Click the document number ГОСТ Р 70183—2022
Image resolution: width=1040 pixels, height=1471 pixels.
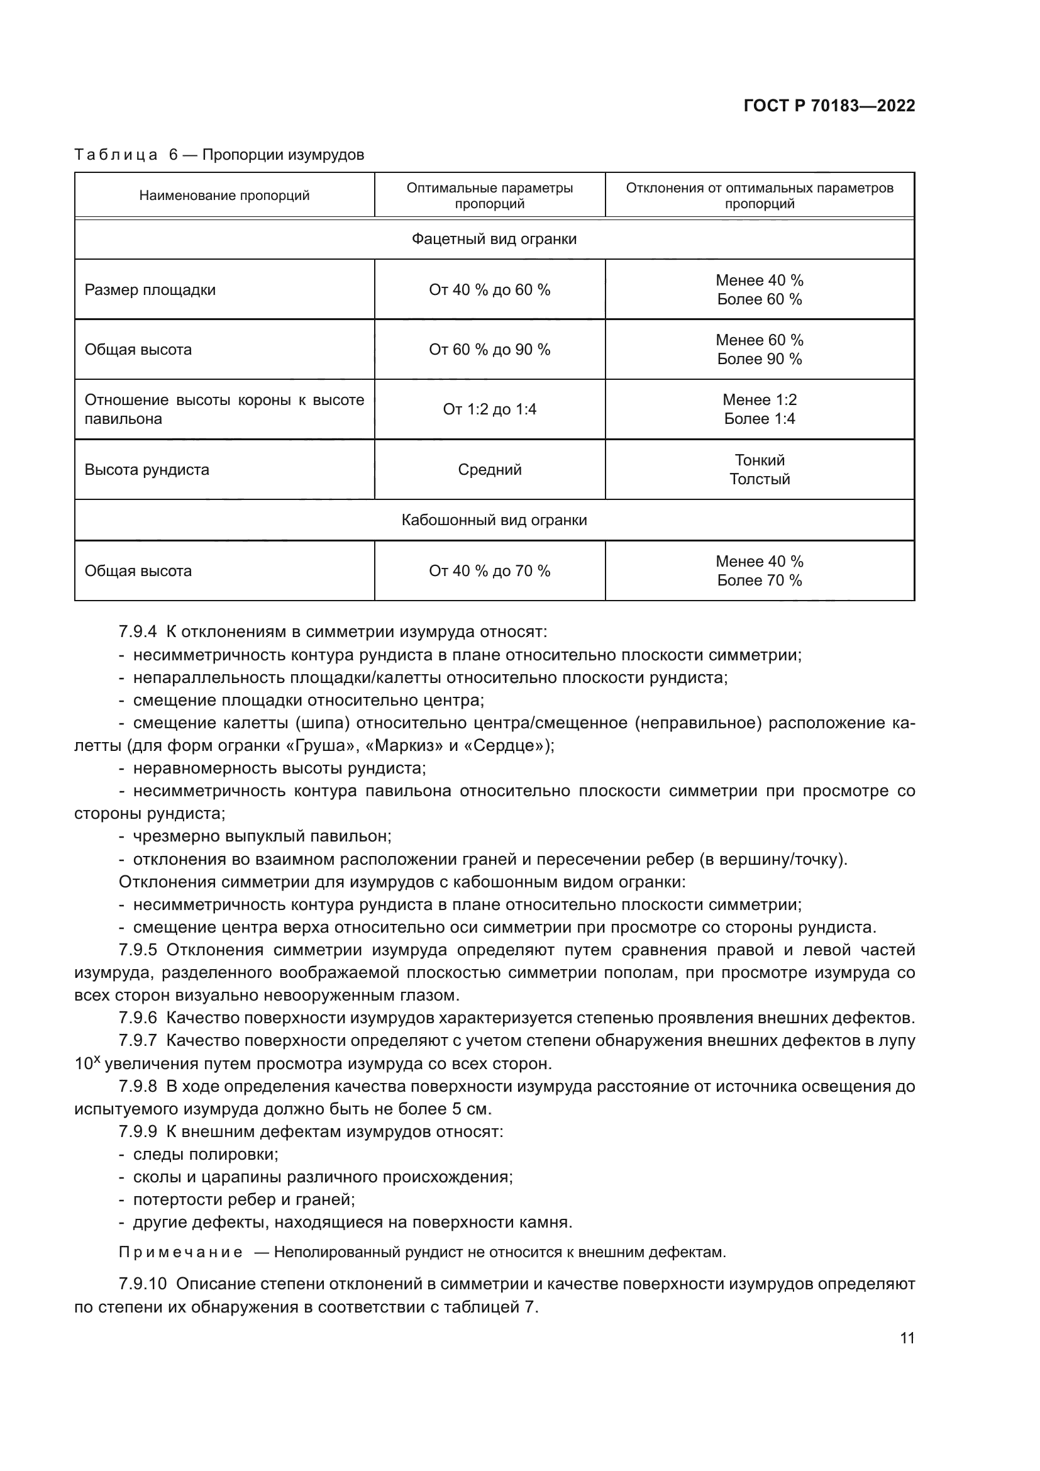tap(829, 106)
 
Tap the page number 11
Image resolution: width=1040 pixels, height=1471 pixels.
tap(907, 1338)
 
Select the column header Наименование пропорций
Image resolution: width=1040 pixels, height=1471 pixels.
tap(224, 196)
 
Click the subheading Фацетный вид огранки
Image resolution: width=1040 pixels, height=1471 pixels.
tap(494, 239)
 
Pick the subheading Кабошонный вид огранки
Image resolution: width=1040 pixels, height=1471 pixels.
tap(494, 519)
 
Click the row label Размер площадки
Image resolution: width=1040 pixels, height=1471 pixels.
tap(150, 289)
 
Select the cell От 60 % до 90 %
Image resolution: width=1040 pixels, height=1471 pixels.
tap(489, 349)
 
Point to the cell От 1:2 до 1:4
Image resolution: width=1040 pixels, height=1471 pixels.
tap(489, 409)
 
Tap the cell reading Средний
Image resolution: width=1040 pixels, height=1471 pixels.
tap(489, 470)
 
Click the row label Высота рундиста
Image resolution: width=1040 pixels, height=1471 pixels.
tap(147, 470)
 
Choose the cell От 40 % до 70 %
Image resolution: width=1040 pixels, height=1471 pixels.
tap(489, 571)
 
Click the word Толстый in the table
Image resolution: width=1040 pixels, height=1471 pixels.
tap(760, 479)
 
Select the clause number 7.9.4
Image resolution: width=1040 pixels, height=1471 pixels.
tap(138, 631)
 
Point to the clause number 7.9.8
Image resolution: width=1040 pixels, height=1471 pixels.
tap(138, 1086)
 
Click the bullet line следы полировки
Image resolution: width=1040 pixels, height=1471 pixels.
tap(205, 1154)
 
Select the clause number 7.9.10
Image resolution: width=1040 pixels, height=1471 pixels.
tap(142, 1284)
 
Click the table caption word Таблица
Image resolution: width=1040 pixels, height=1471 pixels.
tap(116, 155)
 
